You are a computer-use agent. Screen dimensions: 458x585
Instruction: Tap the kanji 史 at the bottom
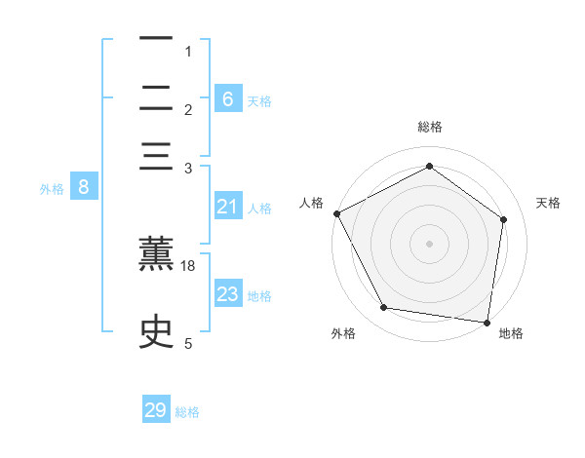[x=157, y=329]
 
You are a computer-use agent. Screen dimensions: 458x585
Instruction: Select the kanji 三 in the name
[x=157, y=157]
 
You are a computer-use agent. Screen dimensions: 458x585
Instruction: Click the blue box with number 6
[x=228, y=98]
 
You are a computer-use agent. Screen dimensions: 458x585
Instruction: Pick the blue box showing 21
[x=228, y=207]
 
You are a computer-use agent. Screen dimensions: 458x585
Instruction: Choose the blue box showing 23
[x=228, y=294]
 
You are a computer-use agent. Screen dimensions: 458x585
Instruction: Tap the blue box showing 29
[x=156, y=410]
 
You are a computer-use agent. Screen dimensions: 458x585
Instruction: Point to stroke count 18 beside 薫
[x=189, y=266]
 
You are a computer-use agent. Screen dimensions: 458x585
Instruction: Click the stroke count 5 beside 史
[x=188, y=343]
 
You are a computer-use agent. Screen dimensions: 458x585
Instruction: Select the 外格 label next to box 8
[x=52, y=189]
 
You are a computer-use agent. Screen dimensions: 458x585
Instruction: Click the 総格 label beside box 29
[x=187, y=412]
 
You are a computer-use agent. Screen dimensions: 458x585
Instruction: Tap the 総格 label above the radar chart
[x=430, y=127]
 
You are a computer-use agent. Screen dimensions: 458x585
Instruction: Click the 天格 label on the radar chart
[x=549, y=203]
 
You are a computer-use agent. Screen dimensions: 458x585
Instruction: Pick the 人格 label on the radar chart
[x=312, y=203]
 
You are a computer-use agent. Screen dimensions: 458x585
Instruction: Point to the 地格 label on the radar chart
[x=511, y=333]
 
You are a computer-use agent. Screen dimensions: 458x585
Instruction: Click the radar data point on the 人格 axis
[x=337, y=213]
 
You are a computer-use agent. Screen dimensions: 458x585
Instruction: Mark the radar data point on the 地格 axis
[x=487, y=322]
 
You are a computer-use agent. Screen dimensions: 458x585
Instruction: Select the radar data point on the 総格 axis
[x=430, y=167]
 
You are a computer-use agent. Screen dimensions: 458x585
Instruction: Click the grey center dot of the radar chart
[x=430, y=243]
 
